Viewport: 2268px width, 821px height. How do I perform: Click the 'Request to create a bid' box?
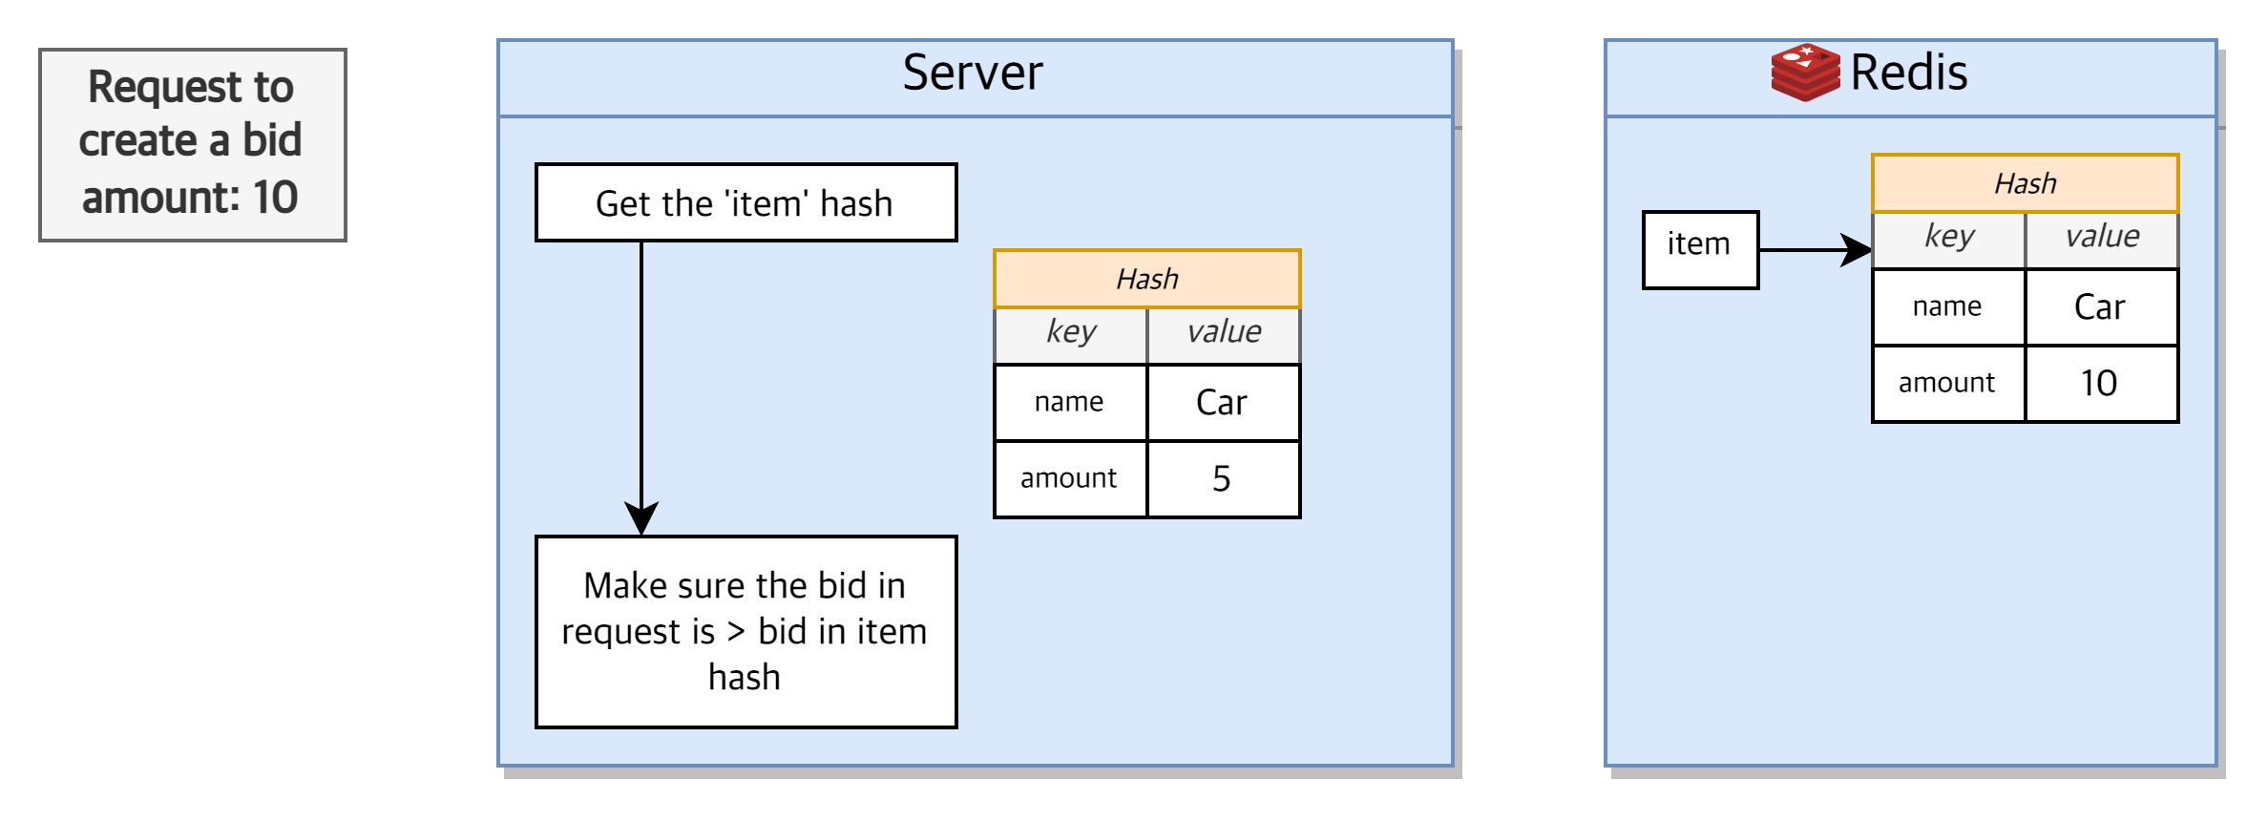tap(192, 144)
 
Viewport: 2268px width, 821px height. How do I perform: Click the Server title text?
tap(972, 74)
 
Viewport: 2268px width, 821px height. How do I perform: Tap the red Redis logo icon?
tap(1804, 73)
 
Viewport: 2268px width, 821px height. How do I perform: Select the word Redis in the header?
tap(1908, 74)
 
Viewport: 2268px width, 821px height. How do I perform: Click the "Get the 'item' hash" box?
tap(745, 202)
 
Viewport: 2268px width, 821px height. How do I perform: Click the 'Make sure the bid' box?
tap(745, 631)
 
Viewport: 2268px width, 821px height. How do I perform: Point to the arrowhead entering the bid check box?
tap(641, 518)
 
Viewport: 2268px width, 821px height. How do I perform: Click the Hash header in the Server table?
tap(1146, 279)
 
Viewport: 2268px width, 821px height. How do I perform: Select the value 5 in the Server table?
tap(1222, 478)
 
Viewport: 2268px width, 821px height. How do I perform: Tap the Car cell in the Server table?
tap(1222, 402)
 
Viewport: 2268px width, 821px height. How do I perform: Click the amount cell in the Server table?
tap(1069, 478)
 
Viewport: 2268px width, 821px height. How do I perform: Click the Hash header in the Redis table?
tap(2025, 183)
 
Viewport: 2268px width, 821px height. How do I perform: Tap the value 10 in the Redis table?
tap(2100, 383)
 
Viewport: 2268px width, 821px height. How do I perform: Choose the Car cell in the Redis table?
tap(2100, 306)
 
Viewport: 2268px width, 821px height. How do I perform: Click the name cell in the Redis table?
tap(1947, 306)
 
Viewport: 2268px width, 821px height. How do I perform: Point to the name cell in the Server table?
tap(1069, 402)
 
